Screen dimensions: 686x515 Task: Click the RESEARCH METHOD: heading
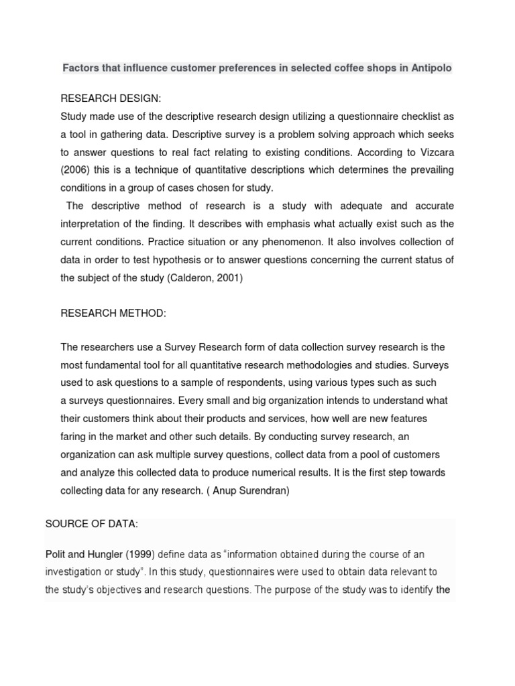(113, 313)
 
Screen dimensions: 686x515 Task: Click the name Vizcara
(432, 151)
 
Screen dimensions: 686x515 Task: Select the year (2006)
(77, 169)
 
